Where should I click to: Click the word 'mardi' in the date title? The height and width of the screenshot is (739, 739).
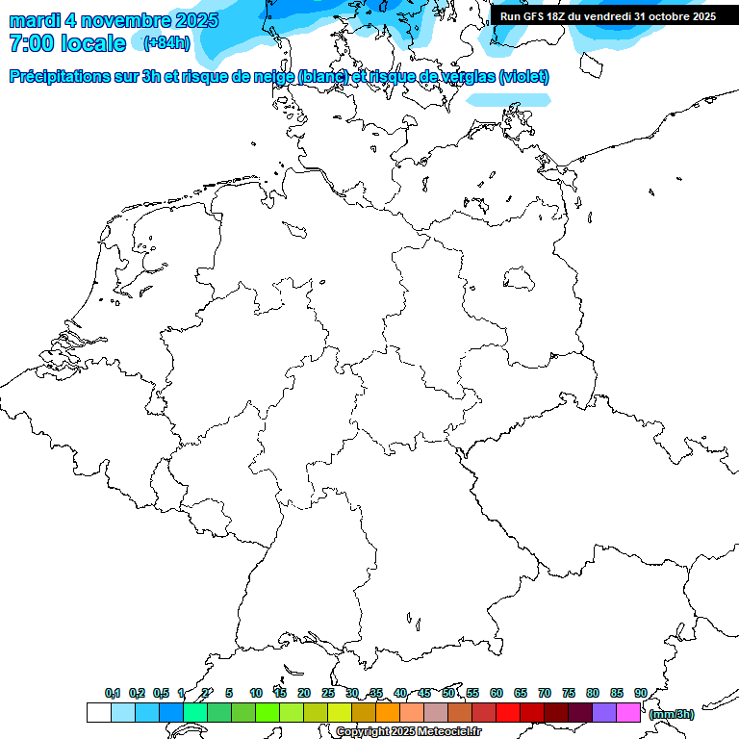pos(35,20)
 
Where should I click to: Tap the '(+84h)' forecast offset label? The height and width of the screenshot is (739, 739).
pos(166,42)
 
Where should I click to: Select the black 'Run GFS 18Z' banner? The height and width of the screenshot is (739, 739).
pos(607,16)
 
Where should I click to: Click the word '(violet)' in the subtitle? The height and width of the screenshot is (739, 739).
pos(524,77)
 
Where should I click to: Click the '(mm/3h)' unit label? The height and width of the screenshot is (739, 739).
pos(672,714)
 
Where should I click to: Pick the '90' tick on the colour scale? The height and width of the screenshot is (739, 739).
pos(641,693)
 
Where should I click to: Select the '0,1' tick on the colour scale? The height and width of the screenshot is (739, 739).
pos(113,693)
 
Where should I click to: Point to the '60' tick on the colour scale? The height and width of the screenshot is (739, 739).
pos(497,693)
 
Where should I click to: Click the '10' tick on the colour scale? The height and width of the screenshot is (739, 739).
pos(256,693)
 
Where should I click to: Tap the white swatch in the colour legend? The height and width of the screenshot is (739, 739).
pos(98,712)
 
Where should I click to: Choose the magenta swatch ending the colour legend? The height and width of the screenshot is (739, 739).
pos(628,712)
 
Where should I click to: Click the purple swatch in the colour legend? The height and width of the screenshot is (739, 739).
pos(604,712)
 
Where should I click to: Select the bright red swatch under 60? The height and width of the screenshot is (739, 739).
pos(508,712)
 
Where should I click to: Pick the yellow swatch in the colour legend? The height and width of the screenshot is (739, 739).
pos(340,712)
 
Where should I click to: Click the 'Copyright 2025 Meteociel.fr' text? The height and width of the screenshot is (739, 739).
pos(408,731)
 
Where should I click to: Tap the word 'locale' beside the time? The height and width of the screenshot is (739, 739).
pos(92,43)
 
